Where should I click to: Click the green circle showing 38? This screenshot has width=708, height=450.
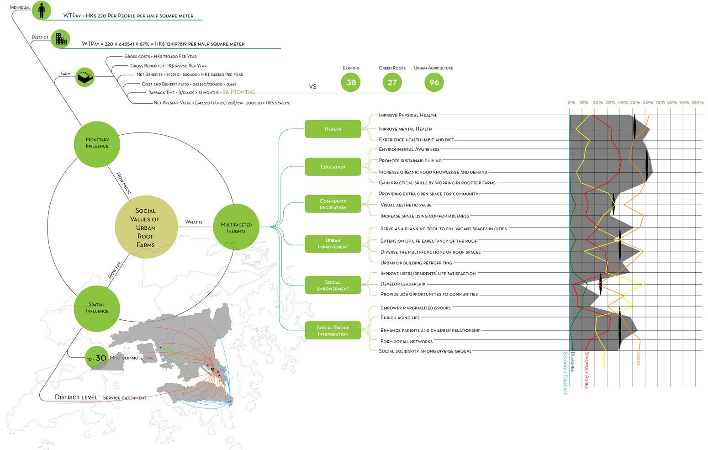tap(351, 83)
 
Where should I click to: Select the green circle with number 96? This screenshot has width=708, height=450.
tap(434, 83)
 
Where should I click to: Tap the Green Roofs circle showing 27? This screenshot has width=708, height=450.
tap(392, 83)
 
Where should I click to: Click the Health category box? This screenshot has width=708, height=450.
tap(333, 129)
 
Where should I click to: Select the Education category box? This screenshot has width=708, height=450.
tap(333, 167)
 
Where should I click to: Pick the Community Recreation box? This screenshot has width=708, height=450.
tap(333, 204)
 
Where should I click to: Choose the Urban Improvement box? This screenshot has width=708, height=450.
tap(333, 244)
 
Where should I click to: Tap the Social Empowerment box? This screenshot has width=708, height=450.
tap(333, 286)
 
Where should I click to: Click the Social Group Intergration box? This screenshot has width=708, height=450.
tap(333, 331)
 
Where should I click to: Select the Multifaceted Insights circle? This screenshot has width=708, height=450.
tap(233, 227)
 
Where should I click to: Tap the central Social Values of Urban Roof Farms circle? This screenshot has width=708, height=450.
tap(146, 228)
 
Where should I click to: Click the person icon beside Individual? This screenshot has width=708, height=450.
tap(42, 10)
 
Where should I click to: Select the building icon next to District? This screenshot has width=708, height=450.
tap(60, 39)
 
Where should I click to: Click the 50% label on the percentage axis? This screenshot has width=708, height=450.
tap(635, 102)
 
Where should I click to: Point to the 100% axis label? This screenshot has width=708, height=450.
tap(697, 102)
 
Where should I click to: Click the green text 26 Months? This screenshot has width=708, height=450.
tap(239, 92)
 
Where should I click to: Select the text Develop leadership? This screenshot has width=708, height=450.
tap(403, 284)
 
